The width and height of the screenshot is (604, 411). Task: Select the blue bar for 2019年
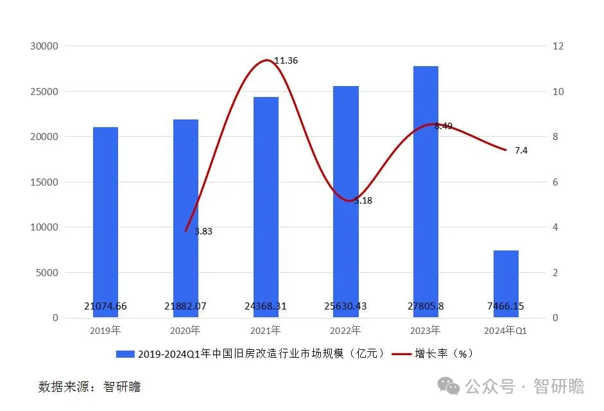coord(105,218)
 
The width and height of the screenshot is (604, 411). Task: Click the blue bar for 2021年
coord(266,205)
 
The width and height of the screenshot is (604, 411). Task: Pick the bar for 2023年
coord(426,193)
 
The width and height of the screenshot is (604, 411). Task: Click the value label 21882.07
coord(186,306)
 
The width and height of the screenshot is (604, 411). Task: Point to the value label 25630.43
coord(345,306)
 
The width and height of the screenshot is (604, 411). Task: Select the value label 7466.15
coord(506,306)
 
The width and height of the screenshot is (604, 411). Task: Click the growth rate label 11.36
coord(286,60)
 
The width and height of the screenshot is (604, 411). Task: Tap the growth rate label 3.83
coord(203,231)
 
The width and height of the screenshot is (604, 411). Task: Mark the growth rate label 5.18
coord(363,200)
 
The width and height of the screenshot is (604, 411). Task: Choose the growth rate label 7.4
coord(521,150)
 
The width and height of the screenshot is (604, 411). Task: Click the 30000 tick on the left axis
coord(44,46)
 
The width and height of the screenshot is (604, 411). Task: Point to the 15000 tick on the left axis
coord(44,182)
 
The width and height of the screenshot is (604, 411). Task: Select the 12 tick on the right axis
coord(558,46)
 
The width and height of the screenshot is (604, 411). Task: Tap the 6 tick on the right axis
coord(555,182)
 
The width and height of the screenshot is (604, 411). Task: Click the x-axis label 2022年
coord(345,331)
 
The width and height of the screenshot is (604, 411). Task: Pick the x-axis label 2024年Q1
coord(506,331)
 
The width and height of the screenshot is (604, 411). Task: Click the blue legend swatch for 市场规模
coord(125,354)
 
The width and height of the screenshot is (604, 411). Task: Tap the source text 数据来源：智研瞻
coord(89,387)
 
